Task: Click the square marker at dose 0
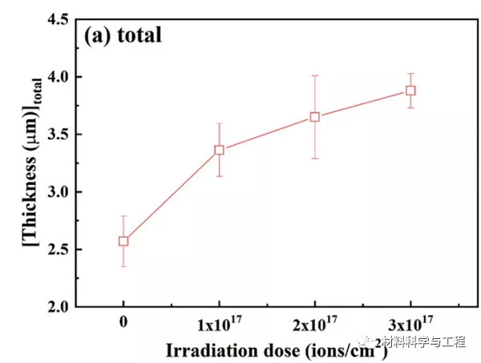tap(123, 240)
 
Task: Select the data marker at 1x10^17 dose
tap(219, 150)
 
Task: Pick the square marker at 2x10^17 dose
tap(315, 116)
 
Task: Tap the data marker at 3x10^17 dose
tap(410, 91)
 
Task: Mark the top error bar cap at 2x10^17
tap(315, 75)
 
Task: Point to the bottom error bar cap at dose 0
tap(123, 266)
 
